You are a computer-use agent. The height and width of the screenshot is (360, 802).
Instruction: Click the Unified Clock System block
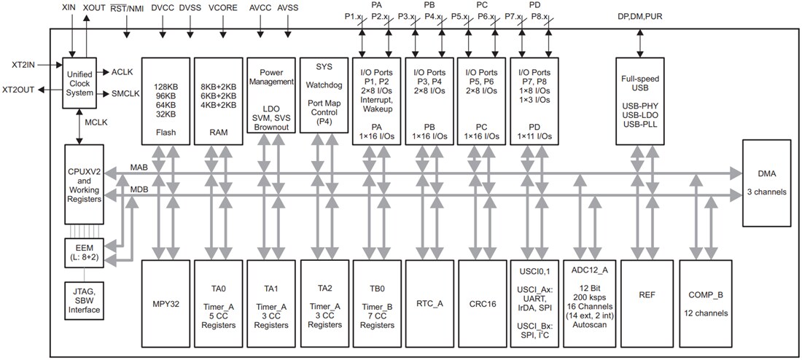pyautogui.click(x=79, y=83)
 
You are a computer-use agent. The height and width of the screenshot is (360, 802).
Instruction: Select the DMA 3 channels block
pyautogui.click(x=766, y=182)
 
